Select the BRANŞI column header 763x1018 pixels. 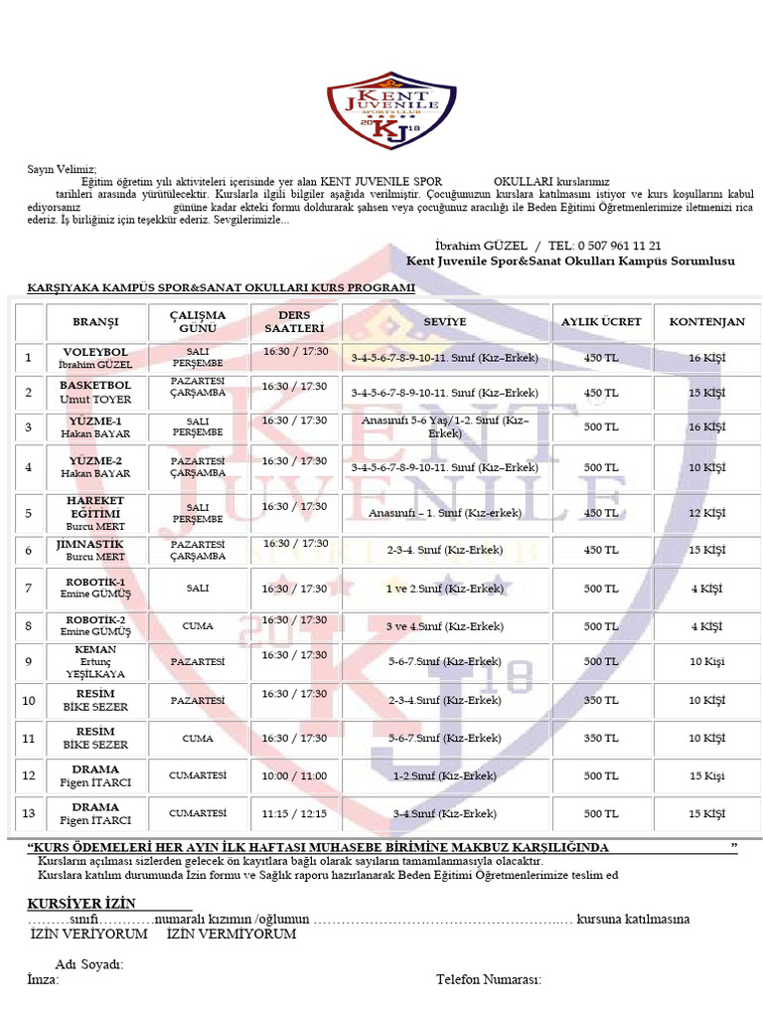(x=95, y=322)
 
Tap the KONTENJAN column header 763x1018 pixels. (x=706, y=322)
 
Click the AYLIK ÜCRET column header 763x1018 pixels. (x=601, y=322)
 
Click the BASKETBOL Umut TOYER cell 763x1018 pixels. (x=95, y=392)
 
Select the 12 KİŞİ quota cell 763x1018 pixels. (x=706, y=514)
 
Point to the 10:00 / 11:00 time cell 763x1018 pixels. (x=295, y=775)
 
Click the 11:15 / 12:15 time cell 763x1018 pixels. (x=295, y=813)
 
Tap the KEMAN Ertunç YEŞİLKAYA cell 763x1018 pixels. (x=95, y=661)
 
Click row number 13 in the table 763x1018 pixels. (x=29, y=813)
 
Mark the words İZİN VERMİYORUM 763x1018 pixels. (x=231, y=934)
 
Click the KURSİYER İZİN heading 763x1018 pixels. (x=95, y=903)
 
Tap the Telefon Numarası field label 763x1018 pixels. (x=488, y=980)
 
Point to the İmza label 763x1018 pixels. (x=43, y=979)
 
